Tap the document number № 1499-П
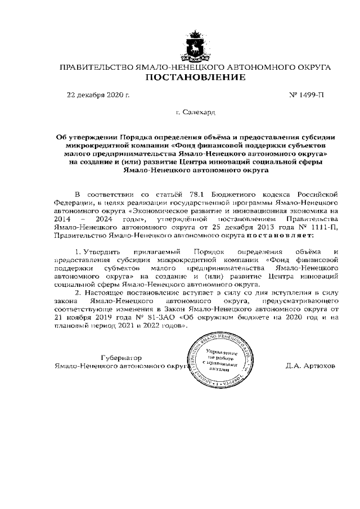[x=306, y=94]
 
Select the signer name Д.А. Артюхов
[x=310, y=365]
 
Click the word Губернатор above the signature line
[x=121, y=357]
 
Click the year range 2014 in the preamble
[x=63, y=218]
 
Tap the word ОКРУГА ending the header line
[x=312, y=67]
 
